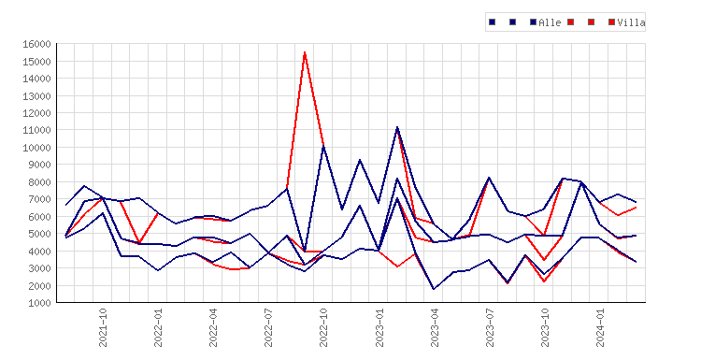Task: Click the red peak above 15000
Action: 305,52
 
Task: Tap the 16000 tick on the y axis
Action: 36,44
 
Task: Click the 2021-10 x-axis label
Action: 103,327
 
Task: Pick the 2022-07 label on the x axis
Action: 268,327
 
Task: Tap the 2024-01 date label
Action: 599,327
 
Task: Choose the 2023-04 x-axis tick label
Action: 434,327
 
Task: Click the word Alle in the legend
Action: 550,22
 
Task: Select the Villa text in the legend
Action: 631,22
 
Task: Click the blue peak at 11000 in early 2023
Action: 397,128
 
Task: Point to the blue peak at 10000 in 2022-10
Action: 323,147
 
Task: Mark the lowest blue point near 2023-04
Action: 433,289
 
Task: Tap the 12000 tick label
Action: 36,113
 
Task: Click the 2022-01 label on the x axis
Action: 158,327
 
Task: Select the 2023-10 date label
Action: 545,327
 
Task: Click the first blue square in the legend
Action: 493,22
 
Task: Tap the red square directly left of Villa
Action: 611,22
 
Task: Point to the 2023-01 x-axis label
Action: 379,327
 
